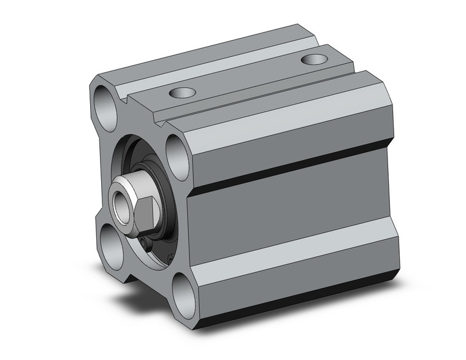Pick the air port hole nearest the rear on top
pos(315,59)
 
